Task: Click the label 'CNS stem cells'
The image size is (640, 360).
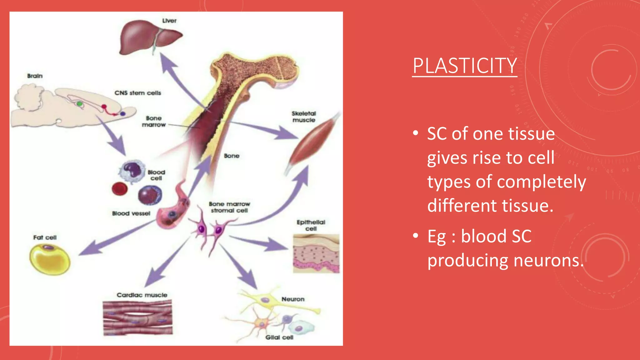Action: tap(137, 93)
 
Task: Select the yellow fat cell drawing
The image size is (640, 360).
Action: tap(50, 259)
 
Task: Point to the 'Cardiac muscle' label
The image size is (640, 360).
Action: tap(142, 295)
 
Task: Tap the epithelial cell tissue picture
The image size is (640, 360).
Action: tap(316, 253)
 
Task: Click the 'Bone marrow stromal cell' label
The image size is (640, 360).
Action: tap(229, 207)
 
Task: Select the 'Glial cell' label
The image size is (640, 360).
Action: tap(279, 337)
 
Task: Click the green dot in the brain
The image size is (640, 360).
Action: tap(80, 104)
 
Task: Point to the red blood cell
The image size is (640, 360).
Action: tap(120, 189)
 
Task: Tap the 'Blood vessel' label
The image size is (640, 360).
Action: tap(131, 213)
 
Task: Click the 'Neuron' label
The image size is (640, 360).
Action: tap(293, 299)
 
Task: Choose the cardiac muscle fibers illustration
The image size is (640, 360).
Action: tap(137, 317)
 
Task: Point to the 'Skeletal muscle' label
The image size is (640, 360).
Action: tap(304, 117)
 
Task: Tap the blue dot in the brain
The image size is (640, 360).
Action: tap(123, 114)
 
